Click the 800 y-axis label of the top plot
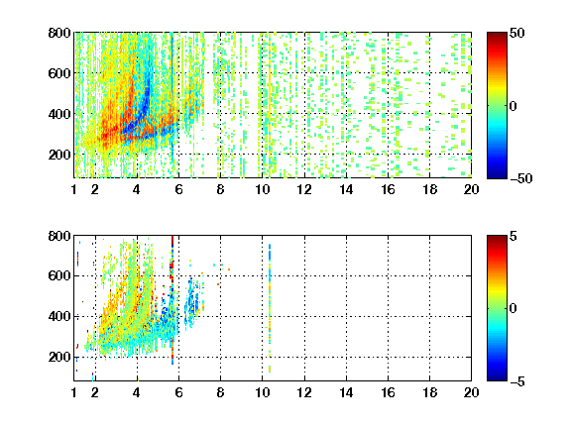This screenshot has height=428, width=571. point(59,33)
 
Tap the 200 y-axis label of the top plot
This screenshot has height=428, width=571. point(59,155)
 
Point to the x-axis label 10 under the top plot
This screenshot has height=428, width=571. point(262,189)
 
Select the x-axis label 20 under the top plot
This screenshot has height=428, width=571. point(471,189)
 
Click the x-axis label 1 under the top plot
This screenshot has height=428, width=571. point(74,189)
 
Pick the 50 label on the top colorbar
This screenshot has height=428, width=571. point(517,33)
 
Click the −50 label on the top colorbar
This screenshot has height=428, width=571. point(521,178)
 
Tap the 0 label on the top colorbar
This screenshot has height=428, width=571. point(514,106)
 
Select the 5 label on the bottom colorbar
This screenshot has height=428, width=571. point(514,236)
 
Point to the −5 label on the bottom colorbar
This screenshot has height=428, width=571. point(517,381)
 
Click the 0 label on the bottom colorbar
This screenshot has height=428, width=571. point(514,309)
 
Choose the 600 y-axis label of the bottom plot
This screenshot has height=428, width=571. point(59,275)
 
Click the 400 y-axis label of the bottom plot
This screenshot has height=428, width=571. point(59,316)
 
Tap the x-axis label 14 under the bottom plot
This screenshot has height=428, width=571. point(346,392)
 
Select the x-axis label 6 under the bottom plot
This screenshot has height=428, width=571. point(178,392)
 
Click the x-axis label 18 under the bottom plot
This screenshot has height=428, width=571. point(429,392)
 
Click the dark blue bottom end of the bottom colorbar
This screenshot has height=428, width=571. point(497,378)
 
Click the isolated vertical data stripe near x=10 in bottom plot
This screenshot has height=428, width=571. point(270,308)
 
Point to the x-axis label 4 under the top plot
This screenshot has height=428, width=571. point(137,189)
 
